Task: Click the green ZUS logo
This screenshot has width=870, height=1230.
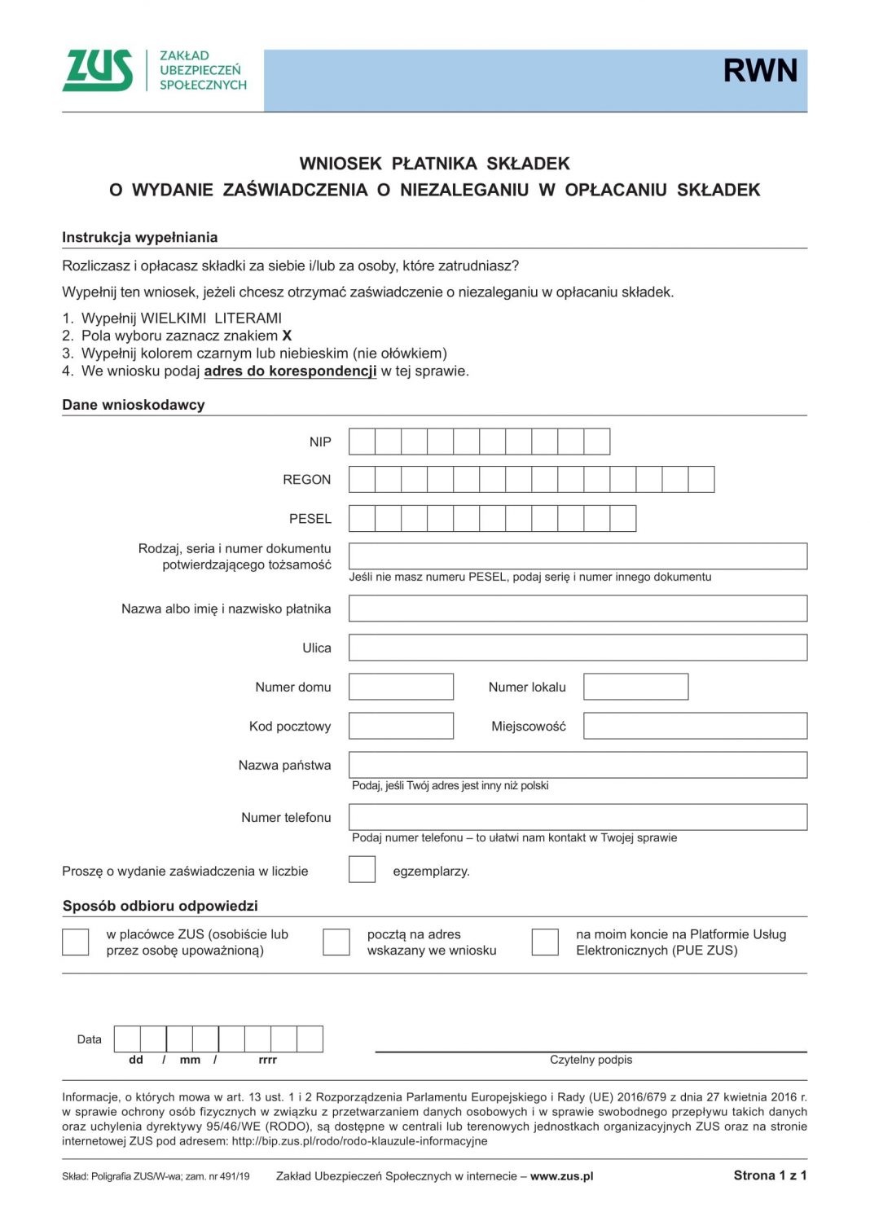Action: point(98,70)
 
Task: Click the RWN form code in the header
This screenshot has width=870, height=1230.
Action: point(759,71)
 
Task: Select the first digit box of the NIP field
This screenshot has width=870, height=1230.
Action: point(362,441)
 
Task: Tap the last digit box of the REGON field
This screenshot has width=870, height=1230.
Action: point(701,479)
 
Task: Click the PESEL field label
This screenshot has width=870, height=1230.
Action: point(310,519)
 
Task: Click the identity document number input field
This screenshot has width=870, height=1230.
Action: point(578,556)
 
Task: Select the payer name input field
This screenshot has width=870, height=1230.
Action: point(578,608)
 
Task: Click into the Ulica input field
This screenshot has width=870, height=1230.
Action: point(578,648)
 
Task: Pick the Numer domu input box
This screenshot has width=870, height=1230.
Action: point(401,687)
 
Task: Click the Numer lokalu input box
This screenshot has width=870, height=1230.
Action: point(635,687)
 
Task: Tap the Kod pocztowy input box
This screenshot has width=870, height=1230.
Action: point(401,726)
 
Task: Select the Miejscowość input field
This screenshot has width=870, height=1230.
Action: point(695,726)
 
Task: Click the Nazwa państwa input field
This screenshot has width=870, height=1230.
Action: point(578,765)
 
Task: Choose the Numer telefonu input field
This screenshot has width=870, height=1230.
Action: point(578,817)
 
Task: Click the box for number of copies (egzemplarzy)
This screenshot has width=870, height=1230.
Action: point(362,869)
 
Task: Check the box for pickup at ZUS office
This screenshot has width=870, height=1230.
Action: point(76,942)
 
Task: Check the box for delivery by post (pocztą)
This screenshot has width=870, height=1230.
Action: point(336,942)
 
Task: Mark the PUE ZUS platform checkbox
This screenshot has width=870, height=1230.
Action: point(545,942)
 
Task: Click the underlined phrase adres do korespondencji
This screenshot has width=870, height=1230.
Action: point(290,371)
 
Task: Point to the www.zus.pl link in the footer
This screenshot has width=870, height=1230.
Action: point(561,1176)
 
